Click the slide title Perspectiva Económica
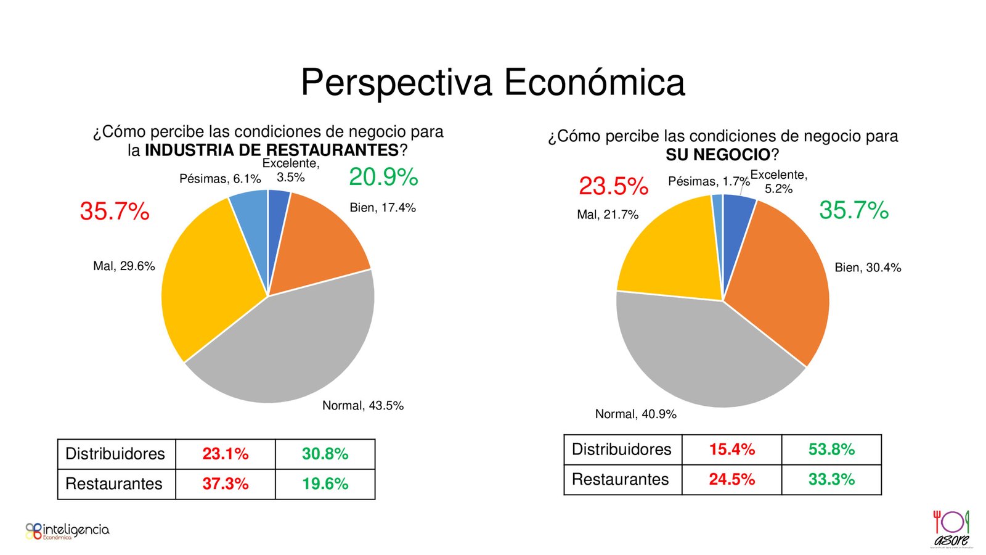[x=492, y=83]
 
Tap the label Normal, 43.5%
[x=363, y=406]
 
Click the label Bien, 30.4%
[x=868, y=268]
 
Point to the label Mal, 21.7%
[x=608, y=215]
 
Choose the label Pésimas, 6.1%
[x=220, y=179]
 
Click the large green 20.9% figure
[x=383, y=178]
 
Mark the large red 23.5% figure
[x=613, y=186]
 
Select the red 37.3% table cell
[x=226, y=484]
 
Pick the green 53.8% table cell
[x=831, y=450]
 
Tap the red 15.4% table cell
[x=731, y=450]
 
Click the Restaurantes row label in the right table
[x=621, y=480]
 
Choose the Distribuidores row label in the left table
[x=115, y=454]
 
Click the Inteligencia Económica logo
[x=67, y=531]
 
